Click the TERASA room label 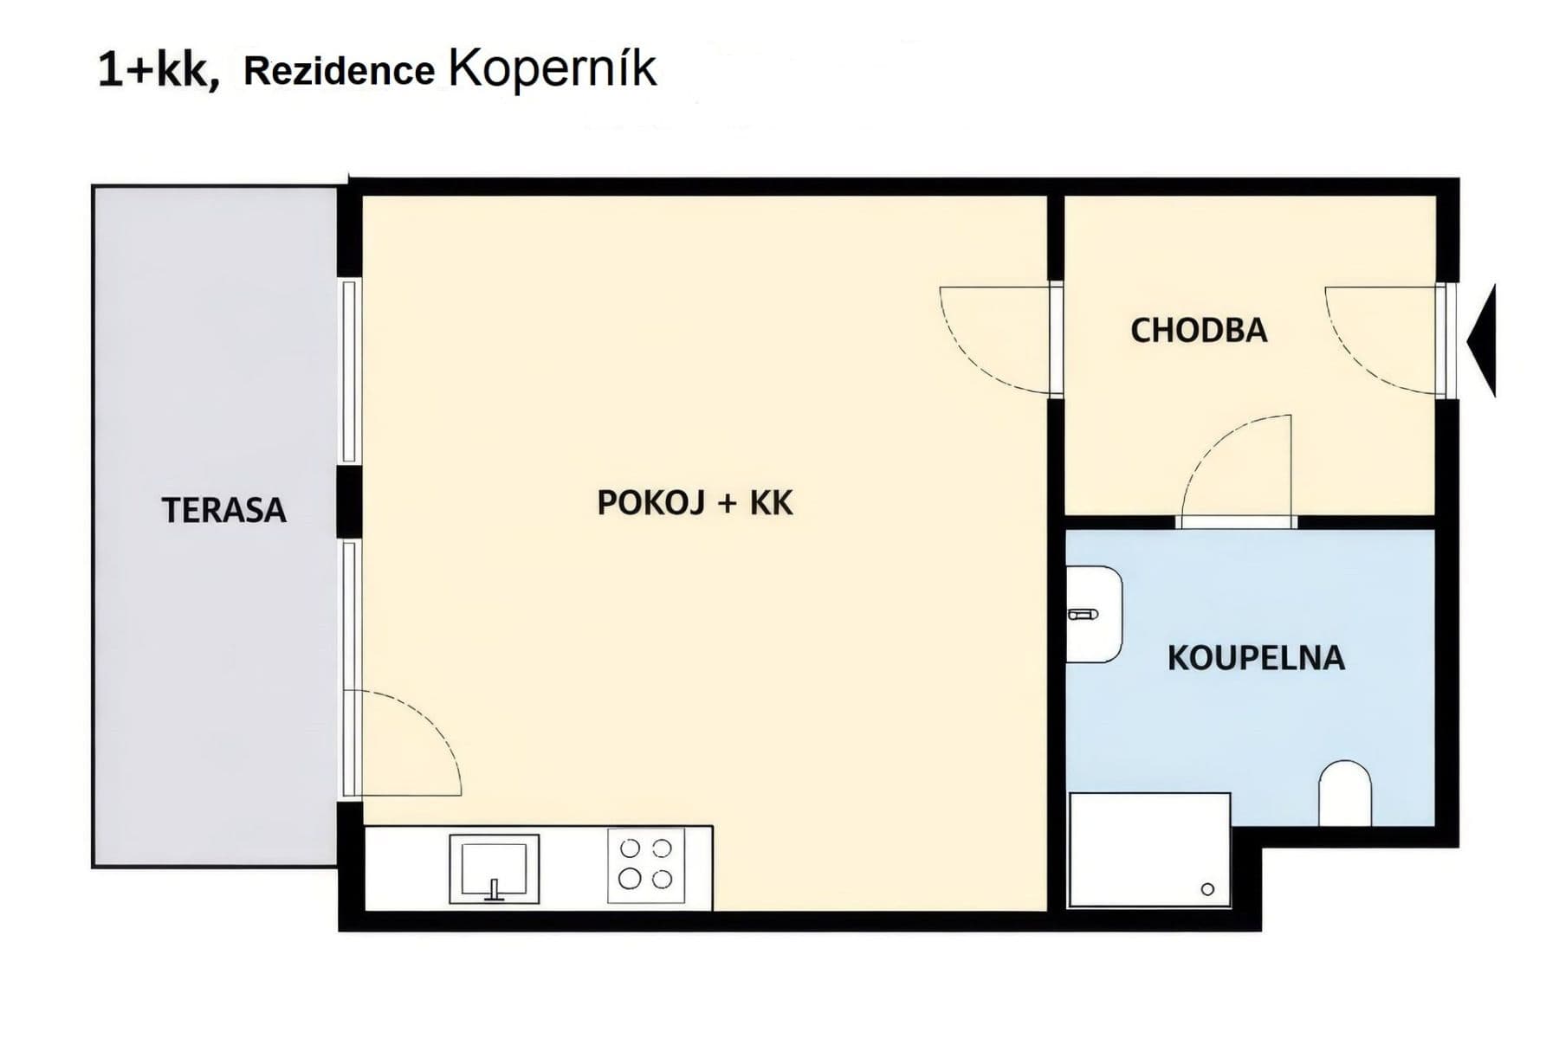pos(223,510)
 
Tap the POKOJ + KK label pos(695,503)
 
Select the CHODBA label pos(1199,331)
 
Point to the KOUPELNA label pos(1256,659)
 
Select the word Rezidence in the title pos(339,72)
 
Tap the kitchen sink pos(494,868)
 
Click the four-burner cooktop pos(645,865)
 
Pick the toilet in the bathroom pos(1344,793)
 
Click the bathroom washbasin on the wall pos(1093,615)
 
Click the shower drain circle pos(1207,889)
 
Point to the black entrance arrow pos(1484,342)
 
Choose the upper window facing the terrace pos(349,371)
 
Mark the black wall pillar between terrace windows pos(349,500)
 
